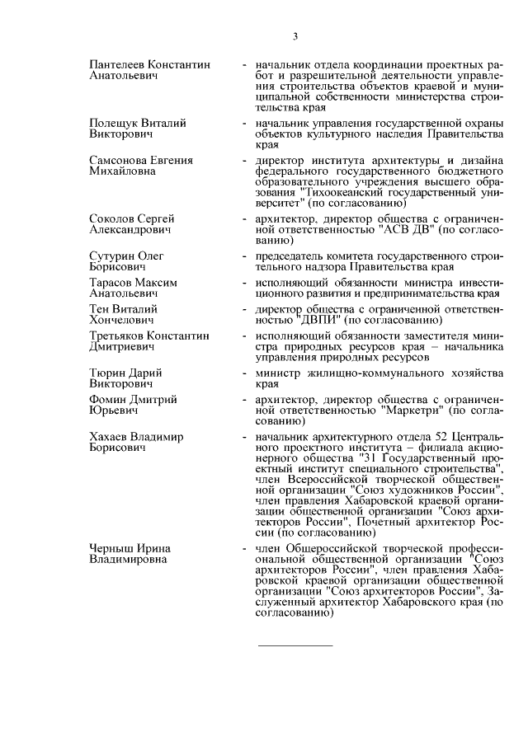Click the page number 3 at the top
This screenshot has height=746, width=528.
[x=296, y=35]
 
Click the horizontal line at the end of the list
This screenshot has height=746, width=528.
[x=296, y=645]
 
